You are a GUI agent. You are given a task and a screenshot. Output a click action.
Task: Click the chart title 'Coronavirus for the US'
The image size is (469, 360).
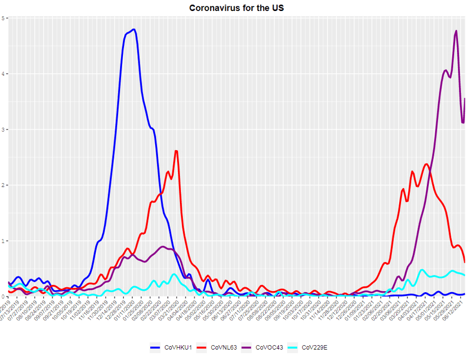click(237, 8)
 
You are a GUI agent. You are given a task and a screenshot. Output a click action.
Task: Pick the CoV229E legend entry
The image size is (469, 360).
click(314, 348)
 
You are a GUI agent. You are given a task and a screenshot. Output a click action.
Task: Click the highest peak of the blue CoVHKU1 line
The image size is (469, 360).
click(134, 30)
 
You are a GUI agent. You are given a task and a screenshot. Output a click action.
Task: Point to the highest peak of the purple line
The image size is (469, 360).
click(456, 31)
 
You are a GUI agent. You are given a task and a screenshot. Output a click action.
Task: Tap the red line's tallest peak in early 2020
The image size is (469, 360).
click(177, 151)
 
